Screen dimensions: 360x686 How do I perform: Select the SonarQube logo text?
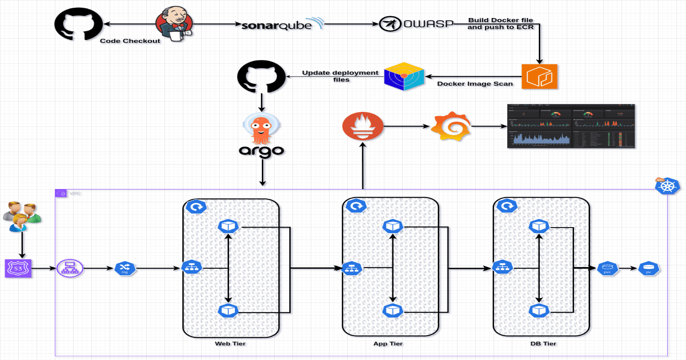[277, 25]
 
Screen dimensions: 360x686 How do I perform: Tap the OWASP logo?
[416, 24]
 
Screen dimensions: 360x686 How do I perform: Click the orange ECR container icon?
[539, 77]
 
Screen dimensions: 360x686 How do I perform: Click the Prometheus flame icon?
[363, 126]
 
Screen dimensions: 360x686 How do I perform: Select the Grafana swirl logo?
[451, 126]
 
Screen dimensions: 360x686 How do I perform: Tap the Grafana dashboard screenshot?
[571, 126]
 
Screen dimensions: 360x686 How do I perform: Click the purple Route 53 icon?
[18, 268]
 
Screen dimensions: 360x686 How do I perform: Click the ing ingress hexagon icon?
[125, 269]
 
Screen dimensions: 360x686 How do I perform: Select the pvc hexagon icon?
[608, 269]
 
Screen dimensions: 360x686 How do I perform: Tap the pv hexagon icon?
[648, 269]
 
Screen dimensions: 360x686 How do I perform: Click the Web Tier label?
[230, 344]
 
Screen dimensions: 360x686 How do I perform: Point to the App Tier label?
[388, 344]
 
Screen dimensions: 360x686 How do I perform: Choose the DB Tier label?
[543, 344]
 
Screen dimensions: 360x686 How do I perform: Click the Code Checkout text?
[130, 41]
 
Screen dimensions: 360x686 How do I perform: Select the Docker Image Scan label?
[475, 84]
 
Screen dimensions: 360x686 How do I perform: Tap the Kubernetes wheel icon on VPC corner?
[667, 186]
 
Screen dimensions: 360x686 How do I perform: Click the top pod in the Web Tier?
[228, 226]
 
